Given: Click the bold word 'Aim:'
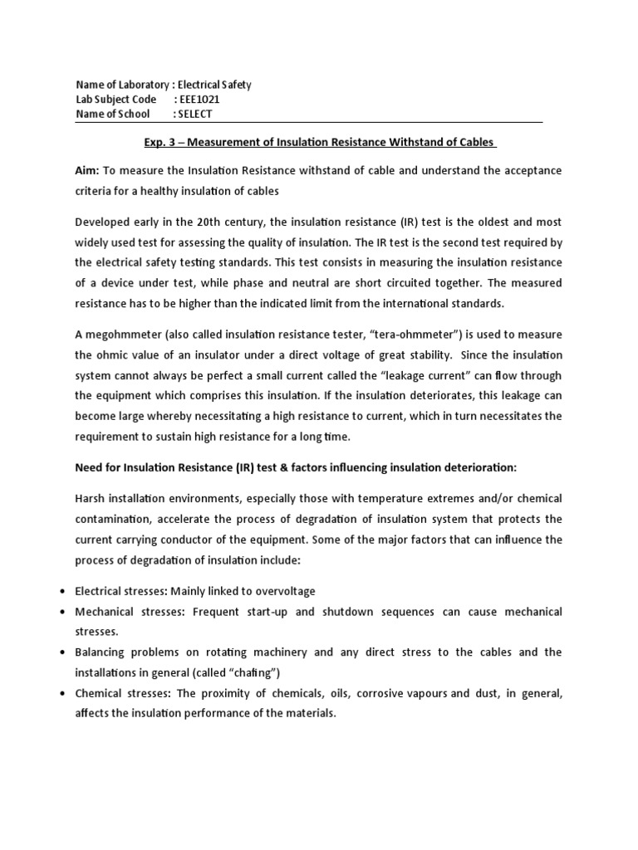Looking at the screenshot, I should coord(87,170).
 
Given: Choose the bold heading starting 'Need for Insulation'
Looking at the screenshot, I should coord(296,467).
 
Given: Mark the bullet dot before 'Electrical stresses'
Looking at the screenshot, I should coord(64,591).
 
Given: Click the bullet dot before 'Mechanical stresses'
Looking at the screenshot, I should coord(64,612).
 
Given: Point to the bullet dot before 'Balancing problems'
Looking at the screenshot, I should coord(64,652).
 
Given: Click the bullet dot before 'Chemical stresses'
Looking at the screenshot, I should coord(64,693).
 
